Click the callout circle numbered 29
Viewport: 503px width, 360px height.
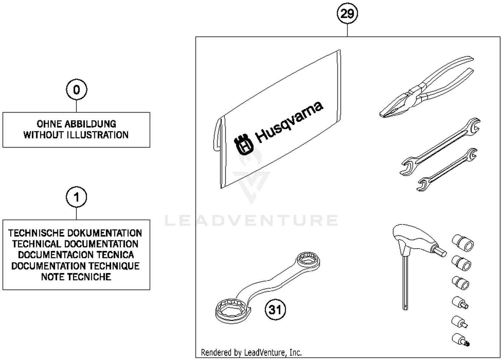click(347, 14)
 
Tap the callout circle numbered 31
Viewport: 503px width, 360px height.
click(275, 309)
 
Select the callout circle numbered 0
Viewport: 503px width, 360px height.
click(76, 90)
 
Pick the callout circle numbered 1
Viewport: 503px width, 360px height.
click(76, 197)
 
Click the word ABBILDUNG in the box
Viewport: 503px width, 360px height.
click(90, 124)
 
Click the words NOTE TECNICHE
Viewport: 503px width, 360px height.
click(76, 277)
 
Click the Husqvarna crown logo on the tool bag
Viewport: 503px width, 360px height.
click(244, 145)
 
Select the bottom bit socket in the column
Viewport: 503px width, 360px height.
click(460, 340)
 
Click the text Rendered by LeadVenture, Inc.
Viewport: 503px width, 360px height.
click(251, 352)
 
